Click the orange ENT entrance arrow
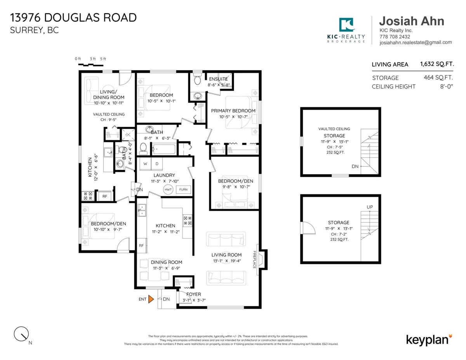pos(151,299)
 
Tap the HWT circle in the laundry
pos(168,190)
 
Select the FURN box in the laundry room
pos(183,190)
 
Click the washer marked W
pos(145,164)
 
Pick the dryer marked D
pos(157,164)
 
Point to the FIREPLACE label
pos(254,259)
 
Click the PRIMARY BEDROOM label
pos(233,111)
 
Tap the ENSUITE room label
pos(218,79)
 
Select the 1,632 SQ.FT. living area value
pos(437,64)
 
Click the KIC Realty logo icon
pos(346,24)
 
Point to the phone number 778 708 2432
pos(395,37)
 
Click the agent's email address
pos(416,42)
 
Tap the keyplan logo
pos(429,340)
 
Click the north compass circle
pos(21,334)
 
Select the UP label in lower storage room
pos(370,207)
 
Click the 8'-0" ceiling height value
pos(447,87)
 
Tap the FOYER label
pos(194,294)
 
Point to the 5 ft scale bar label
pos(103,59)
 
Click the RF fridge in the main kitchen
pos(141,245)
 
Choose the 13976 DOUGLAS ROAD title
pos(73,17)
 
